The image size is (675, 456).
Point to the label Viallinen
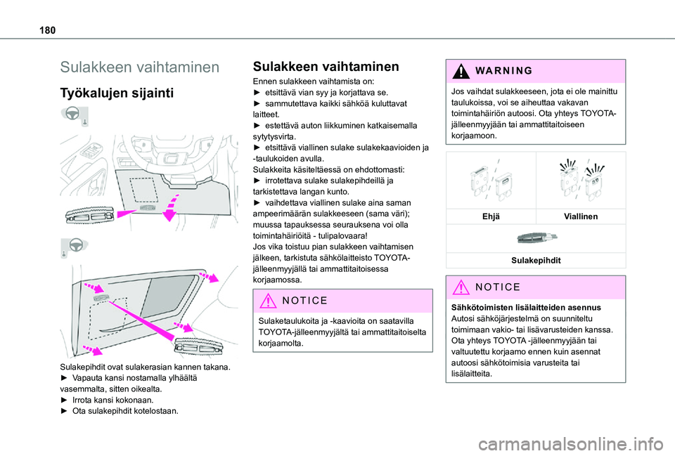[580, 217]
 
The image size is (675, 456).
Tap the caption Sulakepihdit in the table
[536, 260]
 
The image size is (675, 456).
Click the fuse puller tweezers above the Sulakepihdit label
[536, 239]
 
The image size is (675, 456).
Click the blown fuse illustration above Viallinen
[580, 182]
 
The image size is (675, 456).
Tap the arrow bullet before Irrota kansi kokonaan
[65, 399]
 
